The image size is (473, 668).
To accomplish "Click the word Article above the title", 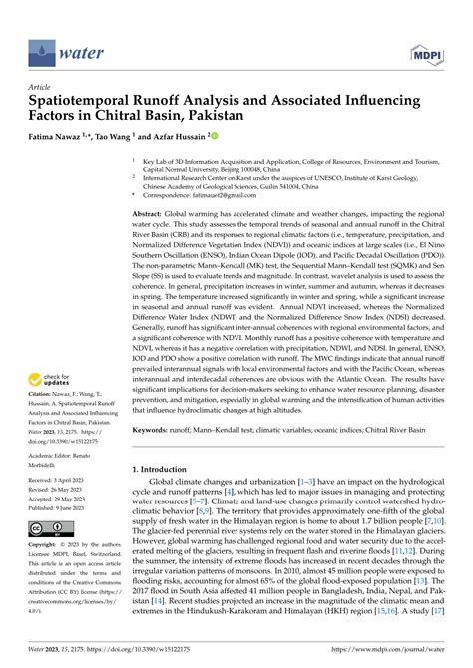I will (42, 87).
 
